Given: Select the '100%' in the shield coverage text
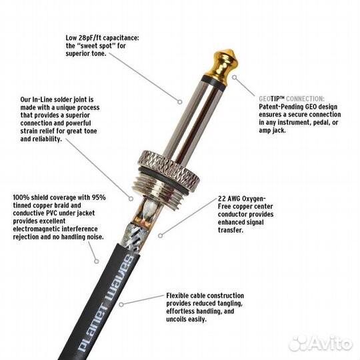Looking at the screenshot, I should click(22, 198).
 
